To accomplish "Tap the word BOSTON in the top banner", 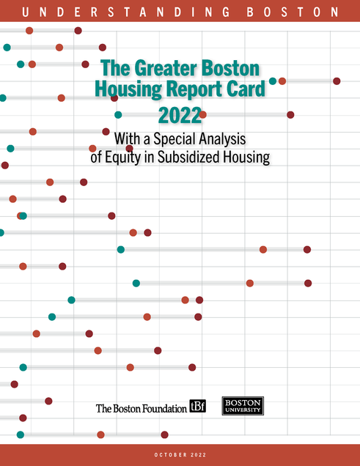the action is (x=293, y=12).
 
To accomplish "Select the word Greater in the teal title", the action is (x=166, y=68).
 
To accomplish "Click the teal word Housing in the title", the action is (x=128, y=89).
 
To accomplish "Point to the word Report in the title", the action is (x=194, y=89).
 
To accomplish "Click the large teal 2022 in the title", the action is (x=180, y=115).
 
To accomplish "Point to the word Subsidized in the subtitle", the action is (x=188, y=157).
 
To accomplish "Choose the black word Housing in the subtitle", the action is (x=246, y=158).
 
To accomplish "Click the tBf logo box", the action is (x=198, y=406).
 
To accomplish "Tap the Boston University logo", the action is (x=243, y=406).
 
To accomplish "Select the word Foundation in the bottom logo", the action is (x=164, y=408).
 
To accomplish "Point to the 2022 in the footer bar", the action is (x=198, y=455).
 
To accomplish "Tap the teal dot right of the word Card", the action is (x=273, y=81).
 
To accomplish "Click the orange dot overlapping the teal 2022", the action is (x=203, y=115).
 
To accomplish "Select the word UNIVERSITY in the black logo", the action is (x=243, y=410).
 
